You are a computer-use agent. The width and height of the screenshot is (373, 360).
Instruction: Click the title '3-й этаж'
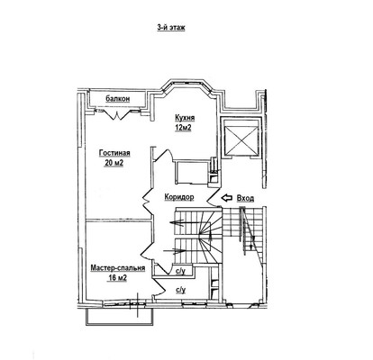171,27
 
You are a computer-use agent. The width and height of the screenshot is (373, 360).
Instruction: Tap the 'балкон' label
118,99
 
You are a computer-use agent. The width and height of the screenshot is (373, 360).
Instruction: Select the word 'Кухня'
185,118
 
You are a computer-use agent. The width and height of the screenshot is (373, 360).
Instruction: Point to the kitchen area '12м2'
184,128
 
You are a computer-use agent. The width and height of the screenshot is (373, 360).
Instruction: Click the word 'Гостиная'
114,153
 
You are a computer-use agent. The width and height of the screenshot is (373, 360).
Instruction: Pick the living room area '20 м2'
114,163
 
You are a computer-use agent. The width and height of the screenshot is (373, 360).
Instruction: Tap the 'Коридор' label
179,197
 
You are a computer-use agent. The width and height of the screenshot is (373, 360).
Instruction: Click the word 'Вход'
245,198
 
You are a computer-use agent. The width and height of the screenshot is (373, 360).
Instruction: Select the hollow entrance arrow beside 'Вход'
227,198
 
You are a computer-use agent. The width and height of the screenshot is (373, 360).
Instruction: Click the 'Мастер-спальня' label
118,268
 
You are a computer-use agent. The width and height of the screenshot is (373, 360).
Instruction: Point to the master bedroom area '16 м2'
117,278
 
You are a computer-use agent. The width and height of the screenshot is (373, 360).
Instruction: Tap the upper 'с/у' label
180,272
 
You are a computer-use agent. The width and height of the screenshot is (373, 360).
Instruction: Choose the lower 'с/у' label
181,290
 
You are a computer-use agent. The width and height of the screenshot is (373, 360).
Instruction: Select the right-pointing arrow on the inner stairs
174,250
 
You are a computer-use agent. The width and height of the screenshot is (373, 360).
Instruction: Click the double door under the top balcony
117,114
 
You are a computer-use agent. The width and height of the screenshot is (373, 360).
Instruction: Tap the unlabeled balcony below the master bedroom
120,316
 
